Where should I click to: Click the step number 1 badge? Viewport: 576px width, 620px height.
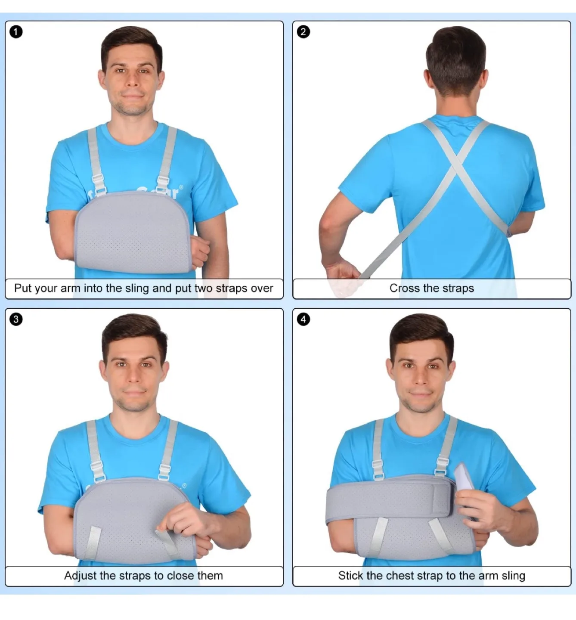click(x=16, y=32)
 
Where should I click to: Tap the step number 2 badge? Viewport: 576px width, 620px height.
click(x=303, y=32)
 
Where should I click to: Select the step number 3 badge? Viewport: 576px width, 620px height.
click(x=16, y=319)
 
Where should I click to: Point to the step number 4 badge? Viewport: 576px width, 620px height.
click(x=303, y=319)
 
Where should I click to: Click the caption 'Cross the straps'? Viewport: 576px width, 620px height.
click(x=431, y=288)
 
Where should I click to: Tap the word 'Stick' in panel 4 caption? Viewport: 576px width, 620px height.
click(x=350, y=576)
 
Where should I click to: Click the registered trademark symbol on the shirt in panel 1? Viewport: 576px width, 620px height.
click(x=181, y=187)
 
